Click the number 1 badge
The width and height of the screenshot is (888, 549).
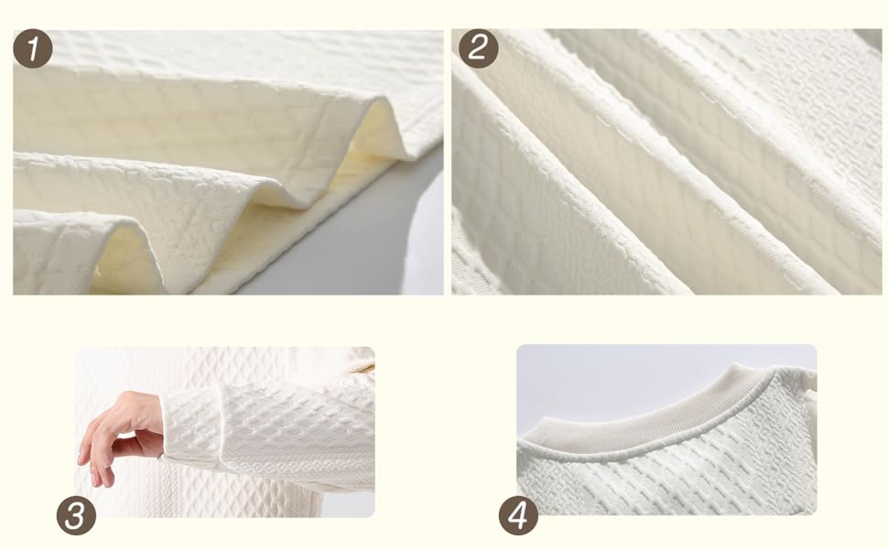click(33, 48)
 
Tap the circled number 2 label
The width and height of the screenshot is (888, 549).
click(479, 48)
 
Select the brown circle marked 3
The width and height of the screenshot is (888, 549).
click(77, 516)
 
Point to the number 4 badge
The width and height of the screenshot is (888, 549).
click(519, 516)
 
